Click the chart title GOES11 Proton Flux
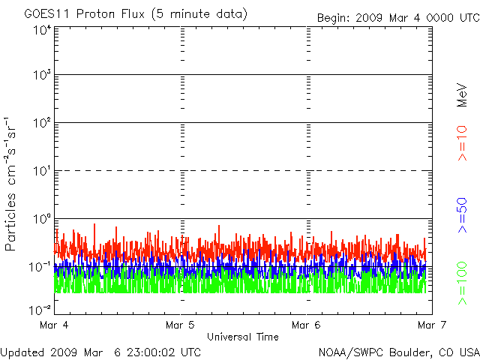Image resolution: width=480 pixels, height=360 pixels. (136, 14)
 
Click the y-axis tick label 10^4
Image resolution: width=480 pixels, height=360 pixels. (41, 30)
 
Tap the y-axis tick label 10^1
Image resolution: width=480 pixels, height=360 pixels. (41, 172)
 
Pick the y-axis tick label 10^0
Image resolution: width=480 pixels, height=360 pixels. (41, 220)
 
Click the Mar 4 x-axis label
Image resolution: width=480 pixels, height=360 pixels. (56, 325)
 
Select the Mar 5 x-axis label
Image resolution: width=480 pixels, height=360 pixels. (181, 325)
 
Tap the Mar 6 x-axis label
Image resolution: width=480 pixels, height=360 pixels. (306, 325)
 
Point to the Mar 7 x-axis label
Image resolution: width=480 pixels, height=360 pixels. (430, 325)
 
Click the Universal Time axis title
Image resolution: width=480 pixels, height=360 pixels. (243, 337)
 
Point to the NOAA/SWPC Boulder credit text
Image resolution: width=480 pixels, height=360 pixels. (398, 352)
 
